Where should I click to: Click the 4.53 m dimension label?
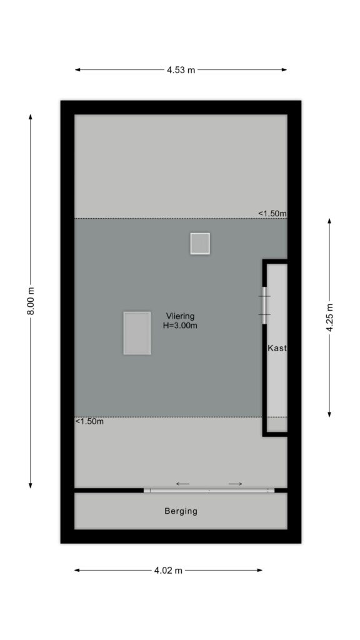point(181,70)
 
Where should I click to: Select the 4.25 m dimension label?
point(329,318)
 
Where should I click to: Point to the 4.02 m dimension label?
point(168,570)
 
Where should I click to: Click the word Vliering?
point(180,316)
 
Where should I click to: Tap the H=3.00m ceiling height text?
point(180,326)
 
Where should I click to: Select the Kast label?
point(277,348)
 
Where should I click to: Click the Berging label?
point(181,511)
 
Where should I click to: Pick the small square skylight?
point(200,244)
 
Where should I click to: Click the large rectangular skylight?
point(137,333)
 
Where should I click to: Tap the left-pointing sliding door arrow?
point(183,484)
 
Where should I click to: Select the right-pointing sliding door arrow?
point(236,484)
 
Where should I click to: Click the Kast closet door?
point(264,305)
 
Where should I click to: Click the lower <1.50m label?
point(89,422)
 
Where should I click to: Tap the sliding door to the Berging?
point(209,490)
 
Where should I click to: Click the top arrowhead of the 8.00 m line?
point(31,117)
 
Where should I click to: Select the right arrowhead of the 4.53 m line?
point(284,70)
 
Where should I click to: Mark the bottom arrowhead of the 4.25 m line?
point(329,415)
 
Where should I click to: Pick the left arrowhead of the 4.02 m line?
point(77,570)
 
